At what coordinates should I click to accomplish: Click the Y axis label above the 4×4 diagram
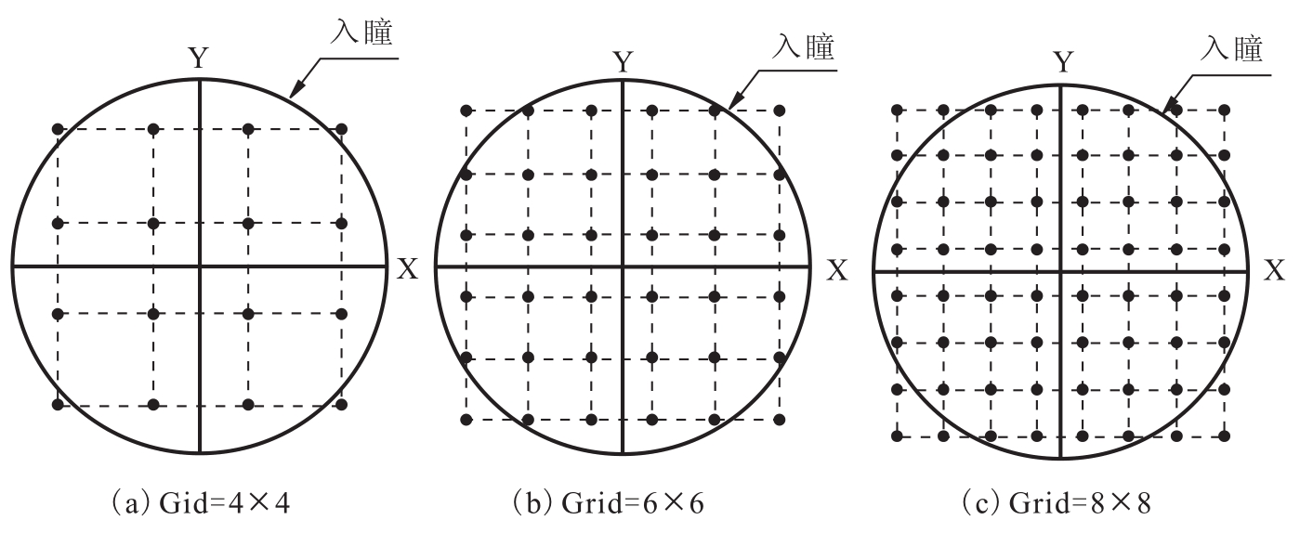click(x=199, y=58)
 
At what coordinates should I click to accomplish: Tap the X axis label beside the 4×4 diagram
click(x=407, y=269)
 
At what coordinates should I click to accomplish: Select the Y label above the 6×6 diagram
click(x=624, y=61)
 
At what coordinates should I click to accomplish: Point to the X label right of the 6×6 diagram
click(x=837, y=270)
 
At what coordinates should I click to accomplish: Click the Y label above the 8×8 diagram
click(x=1063, y=61)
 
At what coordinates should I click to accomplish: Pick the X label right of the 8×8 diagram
click(x=1275, y=270)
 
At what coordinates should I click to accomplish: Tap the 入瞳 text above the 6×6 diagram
click(x=803, y=46)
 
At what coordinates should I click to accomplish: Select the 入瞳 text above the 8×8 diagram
click(x=1231, y=48)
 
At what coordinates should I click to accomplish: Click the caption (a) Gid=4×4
click(x=201, y=503)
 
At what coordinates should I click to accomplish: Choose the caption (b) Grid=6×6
click(x=609, y=503)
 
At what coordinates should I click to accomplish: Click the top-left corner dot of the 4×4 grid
click(x=58, y=129)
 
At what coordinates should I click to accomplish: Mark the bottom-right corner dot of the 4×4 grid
click(x=341, y=404)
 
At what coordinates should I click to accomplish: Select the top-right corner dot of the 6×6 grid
click(x=780, y=110)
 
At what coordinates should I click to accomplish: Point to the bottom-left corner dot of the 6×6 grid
click(x=466, y=420)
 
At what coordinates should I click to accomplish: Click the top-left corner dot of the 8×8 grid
click(x=897, y=110)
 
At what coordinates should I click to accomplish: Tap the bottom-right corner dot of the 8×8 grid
click(x=1225, y=435)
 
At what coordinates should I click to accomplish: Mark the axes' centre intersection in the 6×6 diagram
click(x=623, y=266)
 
